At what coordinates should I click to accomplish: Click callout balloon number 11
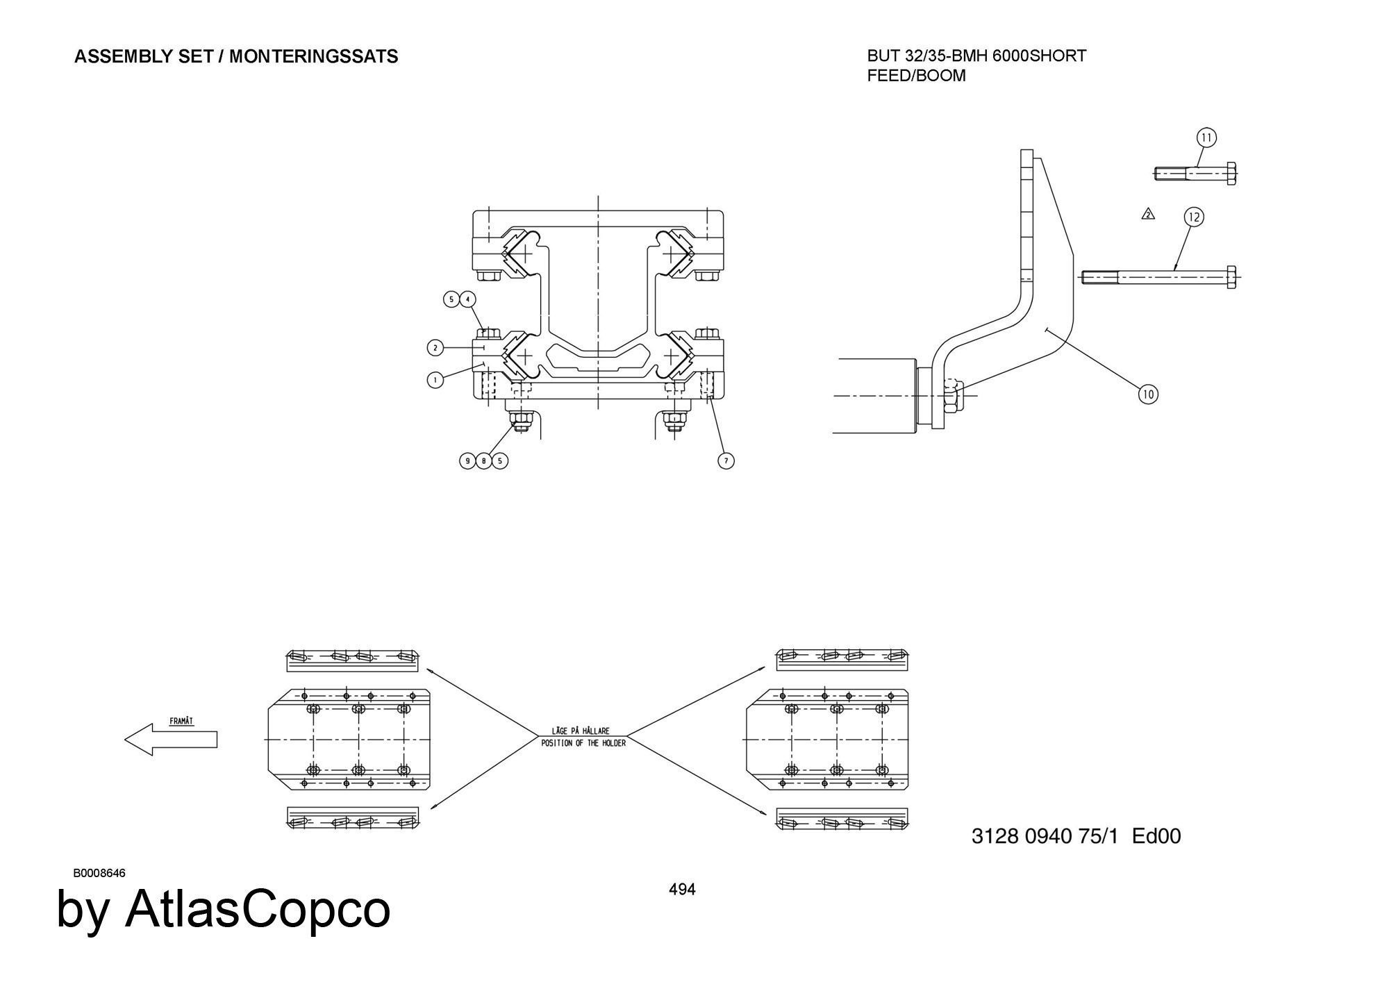(1206, 138)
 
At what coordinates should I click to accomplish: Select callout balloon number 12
(1193, 217)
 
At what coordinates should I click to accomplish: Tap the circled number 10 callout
(1148, 394)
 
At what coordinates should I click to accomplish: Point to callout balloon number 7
(726, 460)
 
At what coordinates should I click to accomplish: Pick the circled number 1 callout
(435, 380)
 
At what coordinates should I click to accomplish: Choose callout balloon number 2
(435, 347)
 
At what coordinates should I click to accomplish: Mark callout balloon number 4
(468, 299)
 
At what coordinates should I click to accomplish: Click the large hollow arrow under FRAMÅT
(171, 740)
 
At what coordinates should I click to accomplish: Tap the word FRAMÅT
(182, 722)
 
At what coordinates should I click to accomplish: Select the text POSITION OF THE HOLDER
(583, 743)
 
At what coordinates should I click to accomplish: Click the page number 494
(682, 889)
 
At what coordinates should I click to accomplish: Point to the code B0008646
(99, 873)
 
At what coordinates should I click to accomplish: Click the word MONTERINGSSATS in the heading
(313, 57)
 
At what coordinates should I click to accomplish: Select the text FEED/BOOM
(916, 76)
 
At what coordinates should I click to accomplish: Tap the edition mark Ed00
(1156, 835)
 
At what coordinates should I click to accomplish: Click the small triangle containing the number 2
(1148, 214)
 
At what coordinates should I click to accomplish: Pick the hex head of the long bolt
(1231, 277)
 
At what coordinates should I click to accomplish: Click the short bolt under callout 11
(1195, 174)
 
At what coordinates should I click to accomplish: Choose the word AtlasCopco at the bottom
(257, 909)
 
